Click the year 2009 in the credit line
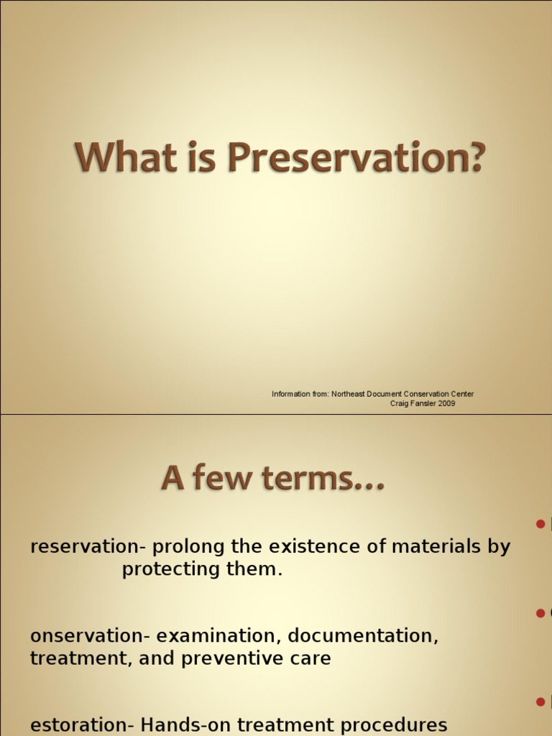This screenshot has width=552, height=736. pyautogui.click(x=446, y=403)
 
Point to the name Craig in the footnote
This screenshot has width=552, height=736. pyautogui.click(x=400, y=403)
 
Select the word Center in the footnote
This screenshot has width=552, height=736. pyautogui.click(x=459, y=394)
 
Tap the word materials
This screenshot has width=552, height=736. pyautogui.click(x=434, y=546)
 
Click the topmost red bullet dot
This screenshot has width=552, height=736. pyautogui.click(x=540, y=524)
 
